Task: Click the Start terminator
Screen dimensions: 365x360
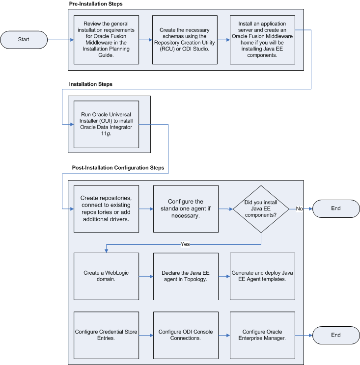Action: pos(24,39)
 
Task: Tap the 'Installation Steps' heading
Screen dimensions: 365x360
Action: pos(90,84)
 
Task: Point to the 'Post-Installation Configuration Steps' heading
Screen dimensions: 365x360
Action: pos(116,168)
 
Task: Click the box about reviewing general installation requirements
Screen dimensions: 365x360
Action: pos(106,40)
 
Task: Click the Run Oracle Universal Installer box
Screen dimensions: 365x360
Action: pos(106,124)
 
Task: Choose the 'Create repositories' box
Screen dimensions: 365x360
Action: pos(106,209)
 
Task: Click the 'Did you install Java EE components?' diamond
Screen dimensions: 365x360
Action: pos(261,209)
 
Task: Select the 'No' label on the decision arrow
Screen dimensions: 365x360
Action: pos(299,209)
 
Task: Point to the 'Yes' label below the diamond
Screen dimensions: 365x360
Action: pos(185,244)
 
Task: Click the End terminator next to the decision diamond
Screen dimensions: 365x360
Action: pos(335,209)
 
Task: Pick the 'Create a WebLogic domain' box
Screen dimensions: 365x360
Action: pos(106,276)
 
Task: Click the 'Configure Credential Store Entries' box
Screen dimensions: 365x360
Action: pos(106,335)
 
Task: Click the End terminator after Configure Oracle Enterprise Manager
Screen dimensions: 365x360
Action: pos(335,335)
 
